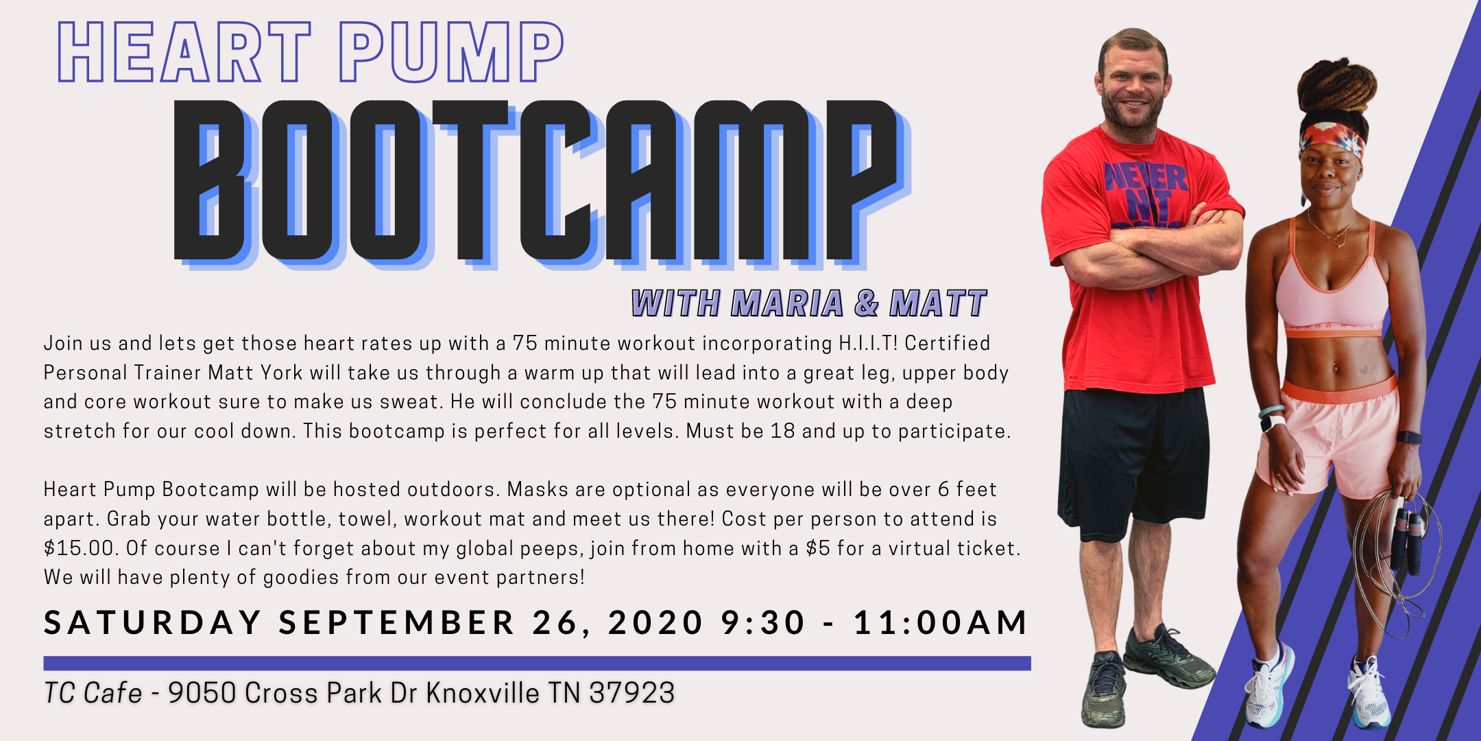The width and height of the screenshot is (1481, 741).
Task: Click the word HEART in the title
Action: [184, 52]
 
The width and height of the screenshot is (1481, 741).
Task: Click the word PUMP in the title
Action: [451, 52]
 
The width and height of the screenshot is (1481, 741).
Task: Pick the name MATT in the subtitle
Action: [938, 303]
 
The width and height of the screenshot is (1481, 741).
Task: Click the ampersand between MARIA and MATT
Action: [867, 303]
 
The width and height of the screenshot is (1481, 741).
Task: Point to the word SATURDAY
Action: [152, 623]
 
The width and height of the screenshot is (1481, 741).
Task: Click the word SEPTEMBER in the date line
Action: [396, 623]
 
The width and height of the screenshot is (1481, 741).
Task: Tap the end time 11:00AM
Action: [941, 623]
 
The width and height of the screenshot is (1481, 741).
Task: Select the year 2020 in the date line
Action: [655, 623]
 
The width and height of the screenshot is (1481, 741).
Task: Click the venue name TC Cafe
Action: [93, 693]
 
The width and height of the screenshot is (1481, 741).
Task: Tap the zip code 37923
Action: [632, 693]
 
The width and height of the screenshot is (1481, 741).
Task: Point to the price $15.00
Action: [78, 548]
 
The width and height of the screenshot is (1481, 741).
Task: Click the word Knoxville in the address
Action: [483, 693]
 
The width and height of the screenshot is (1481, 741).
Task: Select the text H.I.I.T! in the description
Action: [868, 343]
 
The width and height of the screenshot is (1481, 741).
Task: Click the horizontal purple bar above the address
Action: [537, 663]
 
